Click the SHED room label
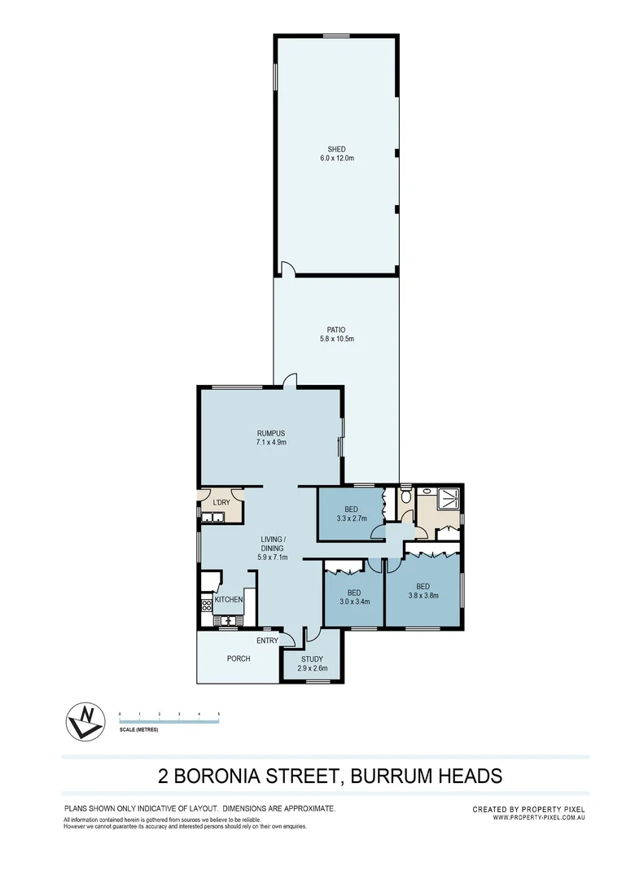(x=336, y=149)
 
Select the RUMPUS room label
(x=269, y=433)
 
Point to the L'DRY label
(x=221, y=502)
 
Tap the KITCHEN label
(x=229, y=600)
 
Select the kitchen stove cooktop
(x=206, y=603)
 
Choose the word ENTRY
(x=267, y=641)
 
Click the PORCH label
(x=239, y=658)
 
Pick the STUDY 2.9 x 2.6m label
(x=313, y=663)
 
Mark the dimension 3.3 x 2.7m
(x=351, y=518)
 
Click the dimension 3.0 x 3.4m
(x=353, y=603)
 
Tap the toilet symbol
(x=405, y=496)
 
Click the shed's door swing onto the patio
(x=287, y=268)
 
